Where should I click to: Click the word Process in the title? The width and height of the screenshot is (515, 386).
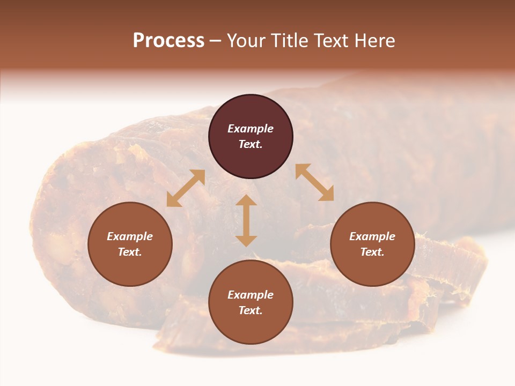168,41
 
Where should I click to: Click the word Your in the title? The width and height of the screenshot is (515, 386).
246,41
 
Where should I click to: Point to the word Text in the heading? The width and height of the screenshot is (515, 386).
330,41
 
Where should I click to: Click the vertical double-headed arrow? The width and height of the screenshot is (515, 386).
246,220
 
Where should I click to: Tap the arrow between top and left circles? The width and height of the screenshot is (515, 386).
186,188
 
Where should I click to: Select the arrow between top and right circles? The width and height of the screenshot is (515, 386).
314,182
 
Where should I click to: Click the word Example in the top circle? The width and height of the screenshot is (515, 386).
251,129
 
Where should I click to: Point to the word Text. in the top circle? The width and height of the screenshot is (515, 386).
251,144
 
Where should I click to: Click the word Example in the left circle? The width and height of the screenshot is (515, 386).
130,236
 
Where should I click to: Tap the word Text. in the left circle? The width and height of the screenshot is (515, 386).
130,252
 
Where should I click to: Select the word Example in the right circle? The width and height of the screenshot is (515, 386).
372,236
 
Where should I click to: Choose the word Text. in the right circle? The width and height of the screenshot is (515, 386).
372,252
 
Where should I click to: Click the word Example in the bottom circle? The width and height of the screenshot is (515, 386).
251,295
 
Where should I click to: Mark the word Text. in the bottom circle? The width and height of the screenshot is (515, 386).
251,310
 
